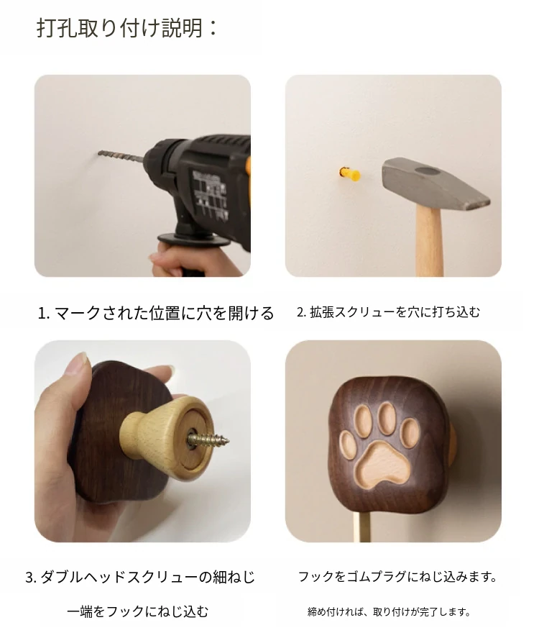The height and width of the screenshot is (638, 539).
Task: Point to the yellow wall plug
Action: (x=349, y=174)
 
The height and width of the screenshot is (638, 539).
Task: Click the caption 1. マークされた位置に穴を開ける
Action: (x=156, y=313)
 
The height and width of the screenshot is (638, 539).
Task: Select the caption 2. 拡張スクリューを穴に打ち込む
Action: (x=389, y=312)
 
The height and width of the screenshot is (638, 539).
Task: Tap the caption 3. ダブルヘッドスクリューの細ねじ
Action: (x=140, y=577)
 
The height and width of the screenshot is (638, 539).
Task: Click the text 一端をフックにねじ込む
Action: (x=138, y=611)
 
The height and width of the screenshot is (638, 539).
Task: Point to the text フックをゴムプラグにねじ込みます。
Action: (x=398, y=576)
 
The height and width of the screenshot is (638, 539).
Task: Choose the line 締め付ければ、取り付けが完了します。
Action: (x=390, y=611)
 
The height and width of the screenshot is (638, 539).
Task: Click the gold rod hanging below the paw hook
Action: (x=362, y=527)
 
